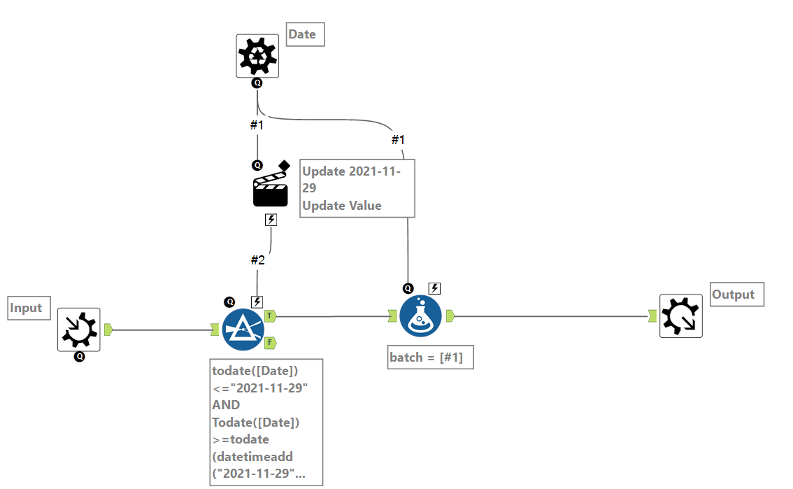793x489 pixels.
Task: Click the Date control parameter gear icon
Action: click(x=257, y=56)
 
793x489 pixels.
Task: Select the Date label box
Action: click(x=306, y=34)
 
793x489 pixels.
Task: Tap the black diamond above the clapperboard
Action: click(x=283, y=166)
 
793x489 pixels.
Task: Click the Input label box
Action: click(x=29, y=308)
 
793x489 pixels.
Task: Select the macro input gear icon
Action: click(x=78, y=329)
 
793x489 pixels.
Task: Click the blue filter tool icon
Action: click(x=243, y=329)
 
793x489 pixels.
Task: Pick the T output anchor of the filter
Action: click(x=270, y=316)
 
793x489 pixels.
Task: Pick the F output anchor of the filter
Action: click(x=270, y=342)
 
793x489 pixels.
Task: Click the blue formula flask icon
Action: click(x=420, y=316)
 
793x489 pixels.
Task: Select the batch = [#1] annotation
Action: click(x=431, y=357)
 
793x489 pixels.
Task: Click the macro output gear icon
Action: click(x=681, y=316)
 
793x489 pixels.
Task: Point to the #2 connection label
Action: click(x=258, y=260)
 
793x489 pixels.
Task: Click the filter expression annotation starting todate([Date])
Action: click(x=266, y=422)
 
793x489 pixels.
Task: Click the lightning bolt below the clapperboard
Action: click(x=271, y=220)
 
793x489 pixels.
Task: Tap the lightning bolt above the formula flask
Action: click(x=434, y=288)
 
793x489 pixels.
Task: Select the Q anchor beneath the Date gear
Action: click(x=257, y=83)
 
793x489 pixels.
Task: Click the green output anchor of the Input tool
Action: click(x=108, y=329)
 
